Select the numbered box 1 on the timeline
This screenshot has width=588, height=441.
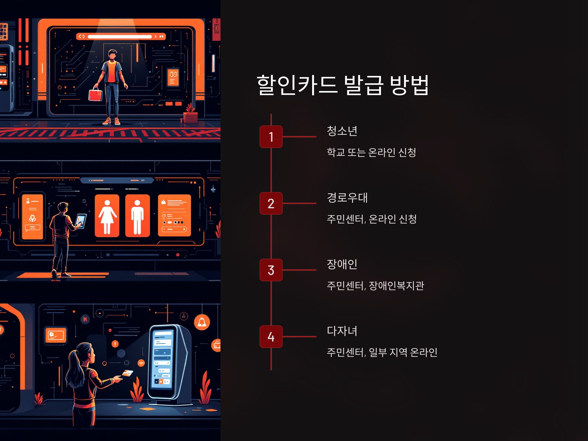pyautogui.click(x=271, y=137)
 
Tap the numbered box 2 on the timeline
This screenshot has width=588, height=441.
pyautogui.click(x=271, y=203)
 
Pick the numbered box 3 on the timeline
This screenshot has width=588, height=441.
pyautogui.click(x=271, y=270)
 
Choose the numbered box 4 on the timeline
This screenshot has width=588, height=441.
pyautogui.click(x=271, y=337)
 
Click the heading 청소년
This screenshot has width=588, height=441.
pyautogui.click(x=342, y=131)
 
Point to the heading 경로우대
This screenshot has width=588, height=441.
pyautogui.click(x=347, y=197)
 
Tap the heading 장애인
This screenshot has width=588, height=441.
pyautogui.click(x=342, y=264)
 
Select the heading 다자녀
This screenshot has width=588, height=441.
pyautogui.click(x=342, y=331)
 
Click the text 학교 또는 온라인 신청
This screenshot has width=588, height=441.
pyautogui.click(x=371, y=152)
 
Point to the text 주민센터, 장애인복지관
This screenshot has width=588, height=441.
pyautogui.click(x=375, y=285)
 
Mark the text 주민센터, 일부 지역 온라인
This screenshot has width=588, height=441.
pyautogui.click(x=382, y=352)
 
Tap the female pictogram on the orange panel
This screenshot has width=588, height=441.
pyautogui.click(x=107, y=216)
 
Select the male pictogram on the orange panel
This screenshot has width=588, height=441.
pyautogui.click(x=137, y=216)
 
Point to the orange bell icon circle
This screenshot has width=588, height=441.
pyautogui.click(x=202, y=322)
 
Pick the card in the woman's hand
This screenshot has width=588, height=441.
pyautogui.click(x=128, y=373)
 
